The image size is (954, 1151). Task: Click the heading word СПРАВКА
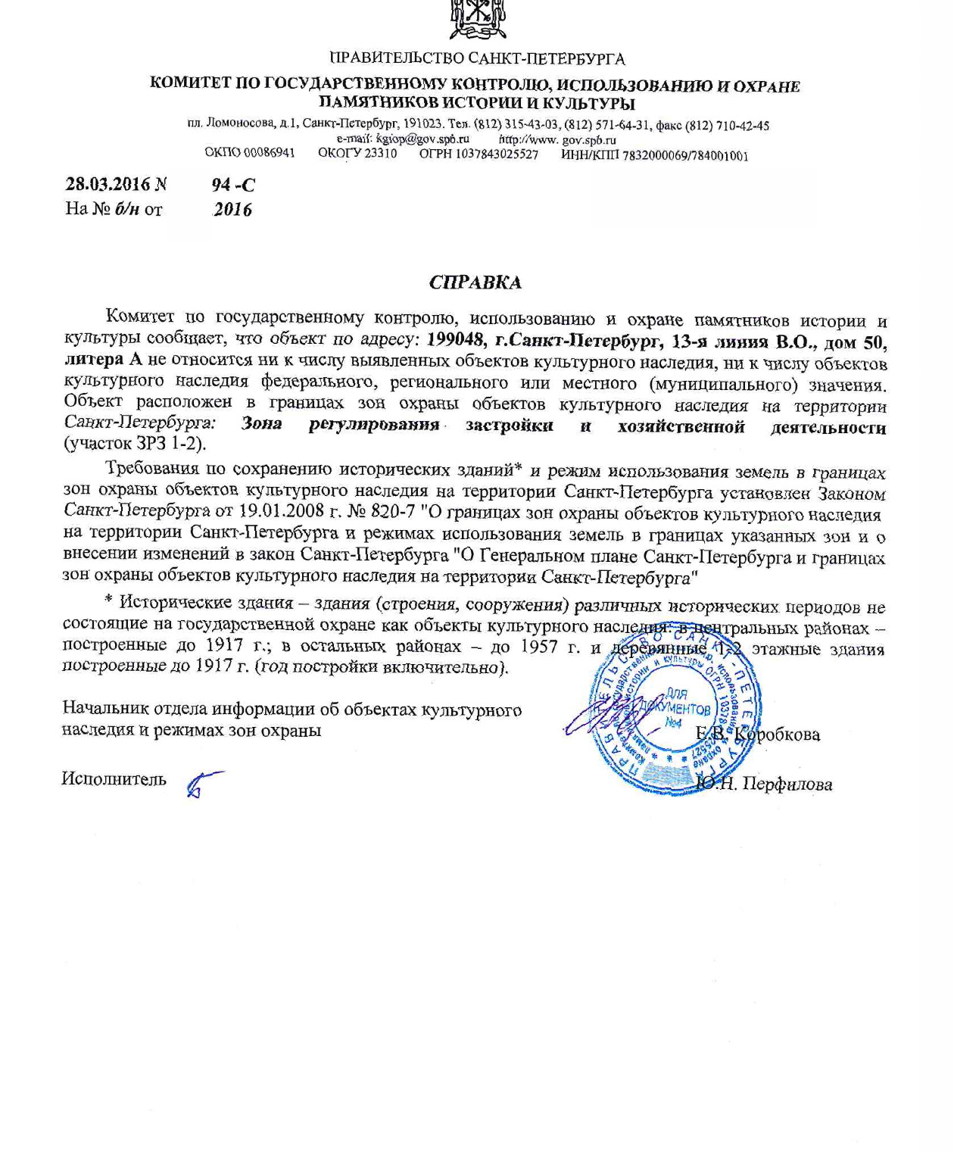pos(475,282)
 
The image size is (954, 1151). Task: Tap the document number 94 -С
pos(233,184)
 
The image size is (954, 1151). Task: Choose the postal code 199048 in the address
pos(456,341)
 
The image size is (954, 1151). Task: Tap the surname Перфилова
pos(787,784)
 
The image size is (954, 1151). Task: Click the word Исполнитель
pos(114,778)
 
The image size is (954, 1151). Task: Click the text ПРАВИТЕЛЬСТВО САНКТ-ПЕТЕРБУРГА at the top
pos(477,58)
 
